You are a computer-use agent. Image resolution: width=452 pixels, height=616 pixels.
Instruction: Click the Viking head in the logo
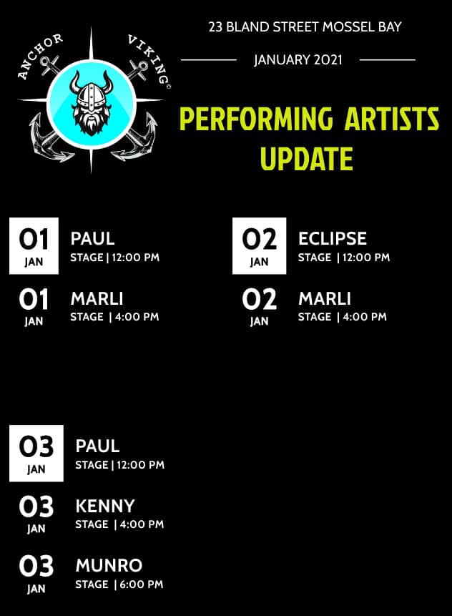91,103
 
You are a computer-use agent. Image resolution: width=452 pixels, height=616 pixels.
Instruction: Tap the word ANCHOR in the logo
40,56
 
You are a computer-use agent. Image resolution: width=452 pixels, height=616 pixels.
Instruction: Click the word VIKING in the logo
148,58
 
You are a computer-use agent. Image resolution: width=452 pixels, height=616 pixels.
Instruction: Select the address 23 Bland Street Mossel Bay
305,26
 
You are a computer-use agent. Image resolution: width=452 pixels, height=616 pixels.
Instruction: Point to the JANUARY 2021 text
298,60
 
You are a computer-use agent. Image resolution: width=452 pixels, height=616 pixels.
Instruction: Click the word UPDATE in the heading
306,158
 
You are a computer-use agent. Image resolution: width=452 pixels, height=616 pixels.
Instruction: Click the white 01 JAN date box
34,245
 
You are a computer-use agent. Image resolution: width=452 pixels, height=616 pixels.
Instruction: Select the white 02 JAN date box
259,245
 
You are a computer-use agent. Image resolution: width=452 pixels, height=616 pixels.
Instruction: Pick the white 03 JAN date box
36,454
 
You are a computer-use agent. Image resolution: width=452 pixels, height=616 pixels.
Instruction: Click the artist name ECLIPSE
333,238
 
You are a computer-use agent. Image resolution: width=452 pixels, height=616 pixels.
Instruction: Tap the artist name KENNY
105,506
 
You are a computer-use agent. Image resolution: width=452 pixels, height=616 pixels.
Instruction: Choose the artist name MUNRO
109,566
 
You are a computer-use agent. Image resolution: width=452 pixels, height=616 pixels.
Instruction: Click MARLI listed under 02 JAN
325,298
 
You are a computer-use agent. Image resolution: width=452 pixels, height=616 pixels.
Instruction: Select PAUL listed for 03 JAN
97,446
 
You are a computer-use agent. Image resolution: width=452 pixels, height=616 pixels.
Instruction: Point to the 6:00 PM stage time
142,585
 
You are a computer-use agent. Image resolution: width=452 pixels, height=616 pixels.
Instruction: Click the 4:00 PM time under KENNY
142,524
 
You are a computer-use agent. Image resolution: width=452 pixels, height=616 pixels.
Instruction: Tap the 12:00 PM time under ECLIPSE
366,258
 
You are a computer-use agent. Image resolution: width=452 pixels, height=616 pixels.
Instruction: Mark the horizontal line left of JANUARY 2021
209,60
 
